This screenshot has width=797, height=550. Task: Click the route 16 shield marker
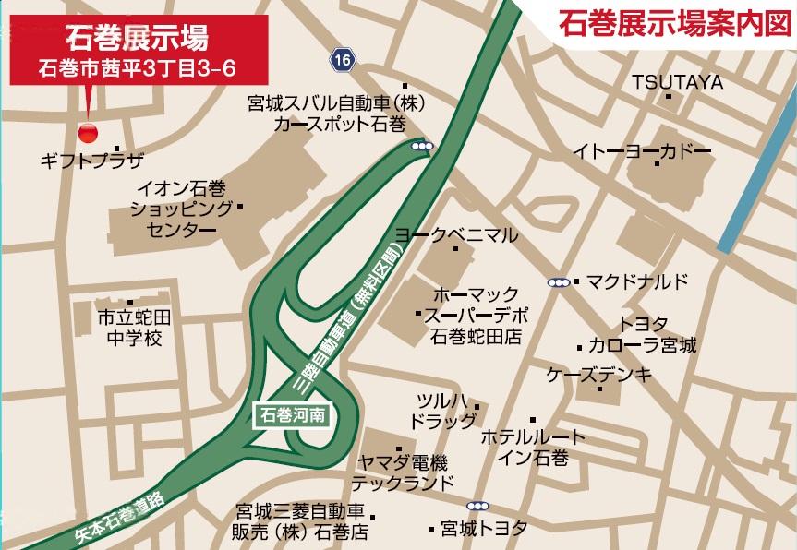pos(343,60)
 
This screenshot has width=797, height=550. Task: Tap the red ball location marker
pos(88,133)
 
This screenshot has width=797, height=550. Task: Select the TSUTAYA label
pos(677,83)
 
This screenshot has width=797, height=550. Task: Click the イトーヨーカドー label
pos(641,150)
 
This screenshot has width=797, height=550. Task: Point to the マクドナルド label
pos(637,281)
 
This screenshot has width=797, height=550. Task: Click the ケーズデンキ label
pos(598,375)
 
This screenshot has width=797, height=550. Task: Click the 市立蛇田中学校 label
pos(135,328)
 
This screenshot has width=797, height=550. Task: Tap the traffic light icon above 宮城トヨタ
pos(477,506)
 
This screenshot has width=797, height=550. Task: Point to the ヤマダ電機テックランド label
pos(400,472)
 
